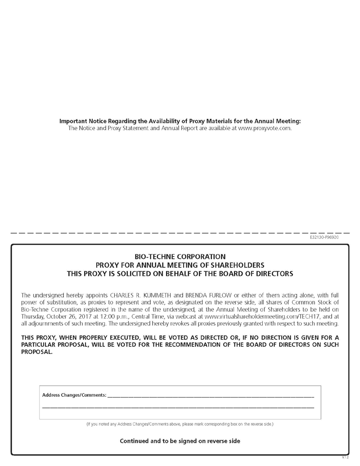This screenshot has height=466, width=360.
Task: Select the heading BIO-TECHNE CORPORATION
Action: coord(180,257)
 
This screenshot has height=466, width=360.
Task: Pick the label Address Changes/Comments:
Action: coord(74,395)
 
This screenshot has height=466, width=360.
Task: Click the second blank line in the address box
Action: coord(178,407)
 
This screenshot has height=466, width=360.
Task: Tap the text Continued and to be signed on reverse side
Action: coord(180,441)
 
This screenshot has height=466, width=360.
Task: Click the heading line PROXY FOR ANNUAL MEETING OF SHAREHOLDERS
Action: coord(180,265)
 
